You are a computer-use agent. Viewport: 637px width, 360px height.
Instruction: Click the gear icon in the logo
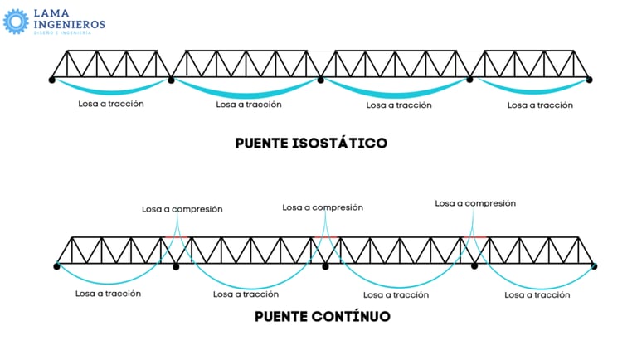16,21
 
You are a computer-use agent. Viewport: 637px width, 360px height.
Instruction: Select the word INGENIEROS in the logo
69,25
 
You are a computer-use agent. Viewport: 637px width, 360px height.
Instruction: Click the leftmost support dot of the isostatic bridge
51,80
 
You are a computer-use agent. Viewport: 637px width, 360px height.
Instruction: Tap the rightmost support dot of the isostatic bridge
590,80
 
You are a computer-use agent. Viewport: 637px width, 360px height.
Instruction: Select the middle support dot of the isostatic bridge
321,80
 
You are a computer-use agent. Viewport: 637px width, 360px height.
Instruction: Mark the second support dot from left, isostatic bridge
172,80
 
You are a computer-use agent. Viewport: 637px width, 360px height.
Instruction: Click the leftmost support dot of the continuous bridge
57,265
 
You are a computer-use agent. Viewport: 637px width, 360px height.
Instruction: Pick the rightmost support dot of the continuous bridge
594,265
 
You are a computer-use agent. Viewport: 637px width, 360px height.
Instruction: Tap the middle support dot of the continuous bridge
325,265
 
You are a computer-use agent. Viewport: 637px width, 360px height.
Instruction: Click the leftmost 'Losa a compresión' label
182,210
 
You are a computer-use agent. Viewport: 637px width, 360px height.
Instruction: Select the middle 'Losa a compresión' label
323,207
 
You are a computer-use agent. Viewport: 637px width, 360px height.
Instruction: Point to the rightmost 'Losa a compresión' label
475,203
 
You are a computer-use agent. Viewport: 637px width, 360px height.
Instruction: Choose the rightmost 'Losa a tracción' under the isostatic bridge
540,105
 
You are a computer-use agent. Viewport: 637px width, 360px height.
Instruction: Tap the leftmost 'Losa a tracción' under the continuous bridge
108,293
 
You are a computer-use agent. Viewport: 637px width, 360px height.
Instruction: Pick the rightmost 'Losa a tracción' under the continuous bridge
537,294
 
